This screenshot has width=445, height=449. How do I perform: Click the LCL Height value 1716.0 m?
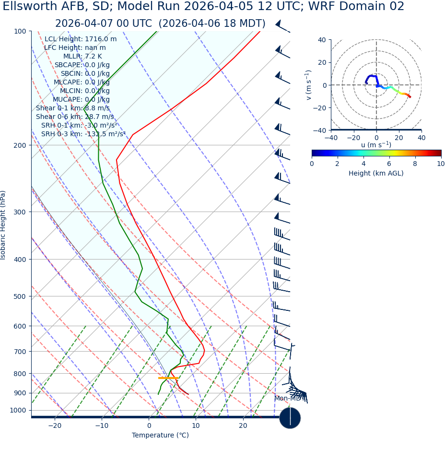click(x=101, y=39)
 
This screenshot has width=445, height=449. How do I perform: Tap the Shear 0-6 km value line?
click(x=75, y=117)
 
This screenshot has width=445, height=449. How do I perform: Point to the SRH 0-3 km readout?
click(x=83, y=134)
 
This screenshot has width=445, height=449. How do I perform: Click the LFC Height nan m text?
click(x=75, y=47)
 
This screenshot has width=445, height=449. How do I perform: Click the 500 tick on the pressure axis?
click(x=20, y=296)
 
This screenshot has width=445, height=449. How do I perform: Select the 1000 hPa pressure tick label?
click(x=18, y=410)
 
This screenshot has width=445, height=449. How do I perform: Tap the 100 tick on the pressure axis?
click(x=20, y=31)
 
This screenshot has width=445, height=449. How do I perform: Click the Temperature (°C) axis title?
click(x=160, y=436)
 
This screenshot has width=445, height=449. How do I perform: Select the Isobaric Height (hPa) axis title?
click(x=3, y=225)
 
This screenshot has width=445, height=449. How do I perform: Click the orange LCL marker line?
click(x=168, y=378)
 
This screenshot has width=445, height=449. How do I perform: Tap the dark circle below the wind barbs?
click(x=290, y=418)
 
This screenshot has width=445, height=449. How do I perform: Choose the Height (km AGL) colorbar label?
click(x=376, y=173)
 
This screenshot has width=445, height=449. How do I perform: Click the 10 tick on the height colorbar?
click(x=441, y=164)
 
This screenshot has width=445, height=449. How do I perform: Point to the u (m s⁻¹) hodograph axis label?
click(x=376, y=145)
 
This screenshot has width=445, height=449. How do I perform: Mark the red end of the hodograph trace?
click(x=410, y=97)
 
